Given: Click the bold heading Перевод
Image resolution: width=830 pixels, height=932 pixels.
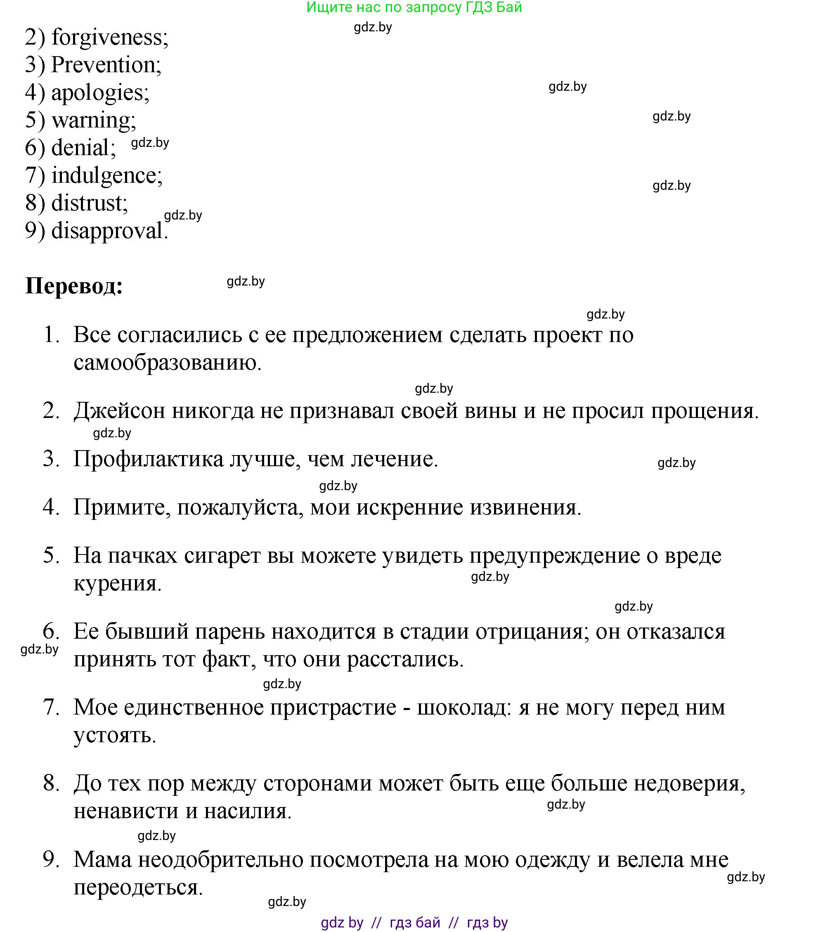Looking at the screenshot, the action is pos(74,286).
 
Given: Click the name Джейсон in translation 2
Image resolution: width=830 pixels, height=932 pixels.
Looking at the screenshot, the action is pos(119,411).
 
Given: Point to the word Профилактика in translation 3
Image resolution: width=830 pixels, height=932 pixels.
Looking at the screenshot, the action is pos(149,459).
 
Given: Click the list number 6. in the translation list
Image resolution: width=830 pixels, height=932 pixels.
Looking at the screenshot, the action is pos(51,632).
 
